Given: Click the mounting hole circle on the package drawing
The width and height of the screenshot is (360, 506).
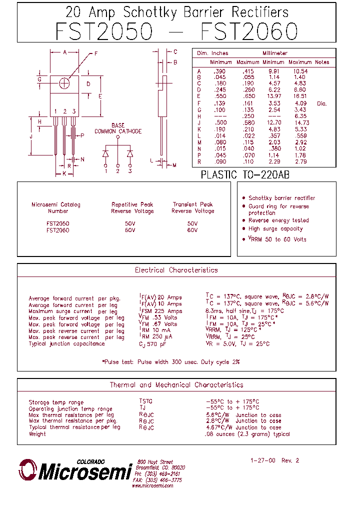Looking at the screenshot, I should coord(64,83).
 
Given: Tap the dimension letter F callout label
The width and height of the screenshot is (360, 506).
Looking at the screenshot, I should coord(95,53).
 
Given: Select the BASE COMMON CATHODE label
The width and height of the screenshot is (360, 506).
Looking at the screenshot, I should coord(118,128).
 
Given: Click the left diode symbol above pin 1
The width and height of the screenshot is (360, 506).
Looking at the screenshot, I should coord(106,153).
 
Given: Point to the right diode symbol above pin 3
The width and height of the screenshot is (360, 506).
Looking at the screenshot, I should coord(130,153).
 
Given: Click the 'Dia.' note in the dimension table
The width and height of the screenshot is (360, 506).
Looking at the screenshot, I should coord(321,103).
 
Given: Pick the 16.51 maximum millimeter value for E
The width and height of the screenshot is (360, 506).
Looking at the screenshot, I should coord(300,96).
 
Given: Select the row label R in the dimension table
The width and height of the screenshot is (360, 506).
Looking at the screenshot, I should coord(199,162).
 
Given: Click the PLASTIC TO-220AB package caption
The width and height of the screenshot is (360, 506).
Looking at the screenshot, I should coord(245,175).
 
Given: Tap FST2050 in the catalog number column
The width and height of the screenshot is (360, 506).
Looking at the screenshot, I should coord(58,223).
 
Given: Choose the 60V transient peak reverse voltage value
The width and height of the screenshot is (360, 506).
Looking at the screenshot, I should coord(192,230).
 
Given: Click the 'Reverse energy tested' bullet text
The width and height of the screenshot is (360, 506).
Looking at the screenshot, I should coord(278,220).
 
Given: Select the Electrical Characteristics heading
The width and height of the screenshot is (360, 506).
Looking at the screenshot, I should coord(176,270).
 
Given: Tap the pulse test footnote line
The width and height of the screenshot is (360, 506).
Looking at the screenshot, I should coord(170,361).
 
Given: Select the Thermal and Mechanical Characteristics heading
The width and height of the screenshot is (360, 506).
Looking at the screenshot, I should coord(176,385).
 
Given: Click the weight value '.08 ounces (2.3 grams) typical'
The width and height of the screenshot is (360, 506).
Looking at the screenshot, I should coord(247,434).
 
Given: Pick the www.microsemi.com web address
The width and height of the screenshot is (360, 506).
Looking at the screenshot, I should coord(152,485).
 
